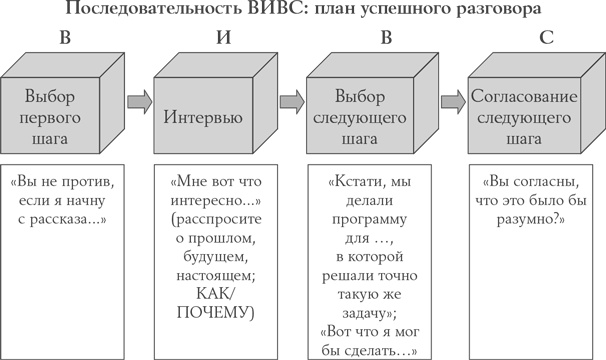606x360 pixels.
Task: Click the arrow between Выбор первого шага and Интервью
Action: [x=140, y=100]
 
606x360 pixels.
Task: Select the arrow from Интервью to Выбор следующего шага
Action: [x=292, y=100]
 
